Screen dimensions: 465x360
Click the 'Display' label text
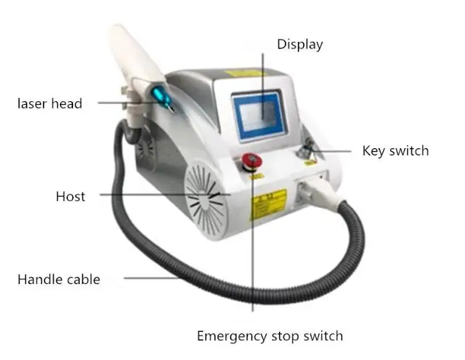click(299, 45)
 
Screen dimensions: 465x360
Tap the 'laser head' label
click(50, 103)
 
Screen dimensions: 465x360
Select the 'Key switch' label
click(395, 151)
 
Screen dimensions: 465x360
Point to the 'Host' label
click(70, 196)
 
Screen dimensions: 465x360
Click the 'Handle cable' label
click(59, 279)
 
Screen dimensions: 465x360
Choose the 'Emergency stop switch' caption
click(270, 335)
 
